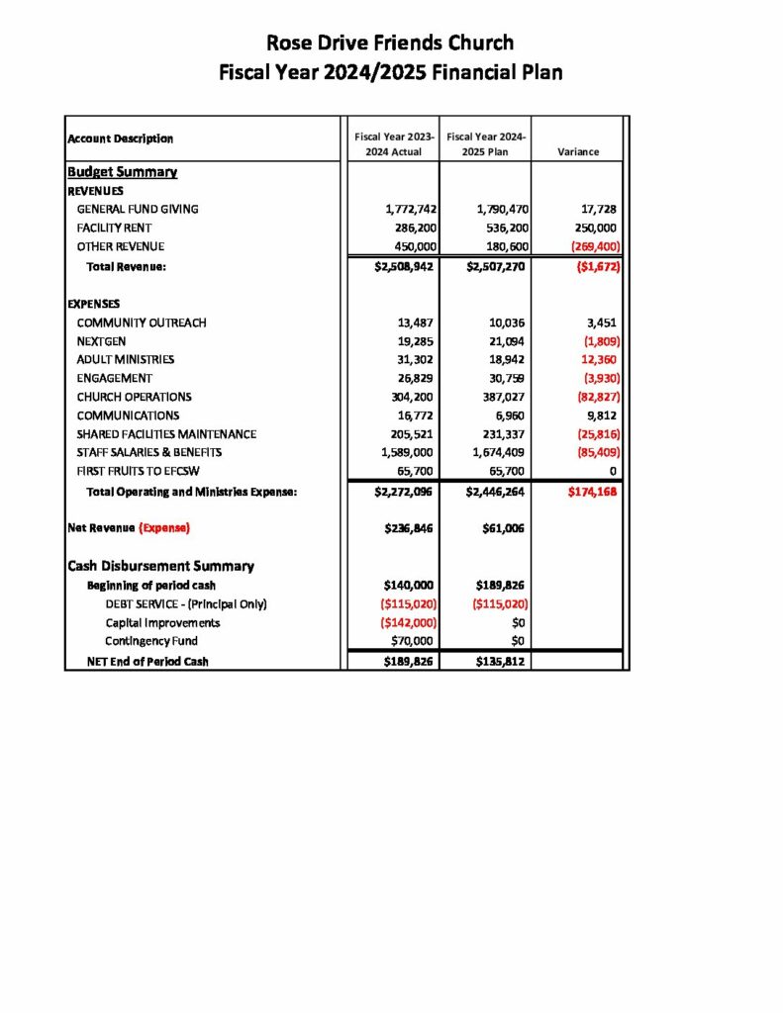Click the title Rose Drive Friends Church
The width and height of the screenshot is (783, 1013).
[x=390, y=43]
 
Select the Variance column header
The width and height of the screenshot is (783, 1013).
[x=577, y=152]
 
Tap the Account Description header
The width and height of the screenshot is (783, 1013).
[x=120, y=138]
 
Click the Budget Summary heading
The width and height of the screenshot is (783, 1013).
[x=122, y=172]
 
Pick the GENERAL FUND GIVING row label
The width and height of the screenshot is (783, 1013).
[x=138, y=209]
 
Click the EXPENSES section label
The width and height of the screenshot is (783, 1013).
[x=96, y=304]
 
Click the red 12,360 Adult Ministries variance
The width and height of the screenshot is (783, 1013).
[x=599, y=360]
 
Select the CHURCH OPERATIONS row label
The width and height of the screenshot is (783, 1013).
[x=134, y=397]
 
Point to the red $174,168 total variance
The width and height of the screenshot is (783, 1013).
[x=593, y=491]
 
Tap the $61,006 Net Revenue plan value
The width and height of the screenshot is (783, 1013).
[x=502, y=528]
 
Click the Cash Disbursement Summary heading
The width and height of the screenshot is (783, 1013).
[x=160, y=566]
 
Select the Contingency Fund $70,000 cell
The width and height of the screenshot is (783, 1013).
[x=411, y=641]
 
